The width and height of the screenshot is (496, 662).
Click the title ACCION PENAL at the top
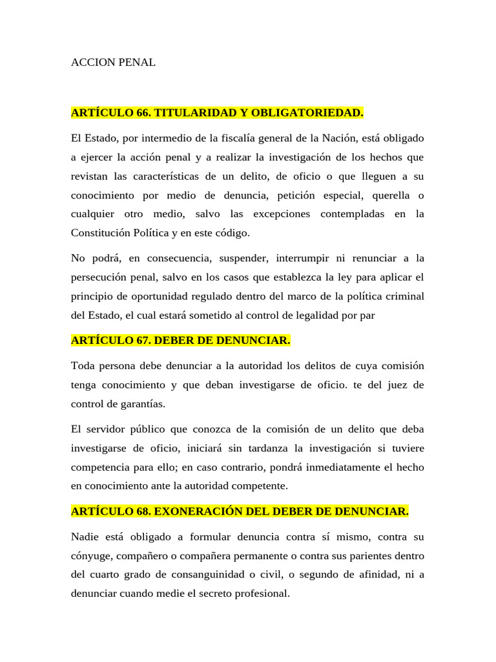point(113,63)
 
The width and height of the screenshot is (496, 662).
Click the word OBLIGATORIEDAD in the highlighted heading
point(307,113)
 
